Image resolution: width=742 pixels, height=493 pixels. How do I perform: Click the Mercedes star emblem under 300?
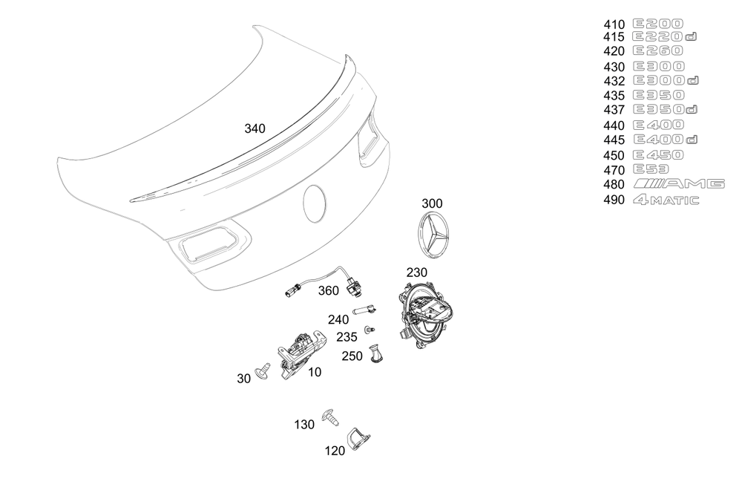433,235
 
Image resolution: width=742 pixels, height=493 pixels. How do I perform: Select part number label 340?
255,128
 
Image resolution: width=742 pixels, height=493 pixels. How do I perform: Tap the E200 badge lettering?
657,24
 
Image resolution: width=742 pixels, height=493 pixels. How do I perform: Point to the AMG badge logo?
679,183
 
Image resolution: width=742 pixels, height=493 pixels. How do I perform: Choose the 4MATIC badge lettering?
666,200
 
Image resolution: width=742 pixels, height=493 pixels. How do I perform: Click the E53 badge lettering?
651,169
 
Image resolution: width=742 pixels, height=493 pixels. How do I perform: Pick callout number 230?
416,272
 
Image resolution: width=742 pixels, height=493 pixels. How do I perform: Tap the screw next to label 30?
263,370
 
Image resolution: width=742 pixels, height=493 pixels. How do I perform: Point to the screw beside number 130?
330,417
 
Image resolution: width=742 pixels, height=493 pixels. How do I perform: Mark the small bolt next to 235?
370,329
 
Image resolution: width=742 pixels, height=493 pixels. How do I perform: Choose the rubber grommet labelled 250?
376,354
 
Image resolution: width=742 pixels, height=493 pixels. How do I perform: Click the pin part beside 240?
364,310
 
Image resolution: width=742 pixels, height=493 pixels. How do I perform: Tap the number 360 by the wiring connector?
329,290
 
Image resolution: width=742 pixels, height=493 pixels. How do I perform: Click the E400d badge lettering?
666,140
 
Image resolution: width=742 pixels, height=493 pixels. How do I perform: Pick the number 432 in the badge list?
614,81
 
